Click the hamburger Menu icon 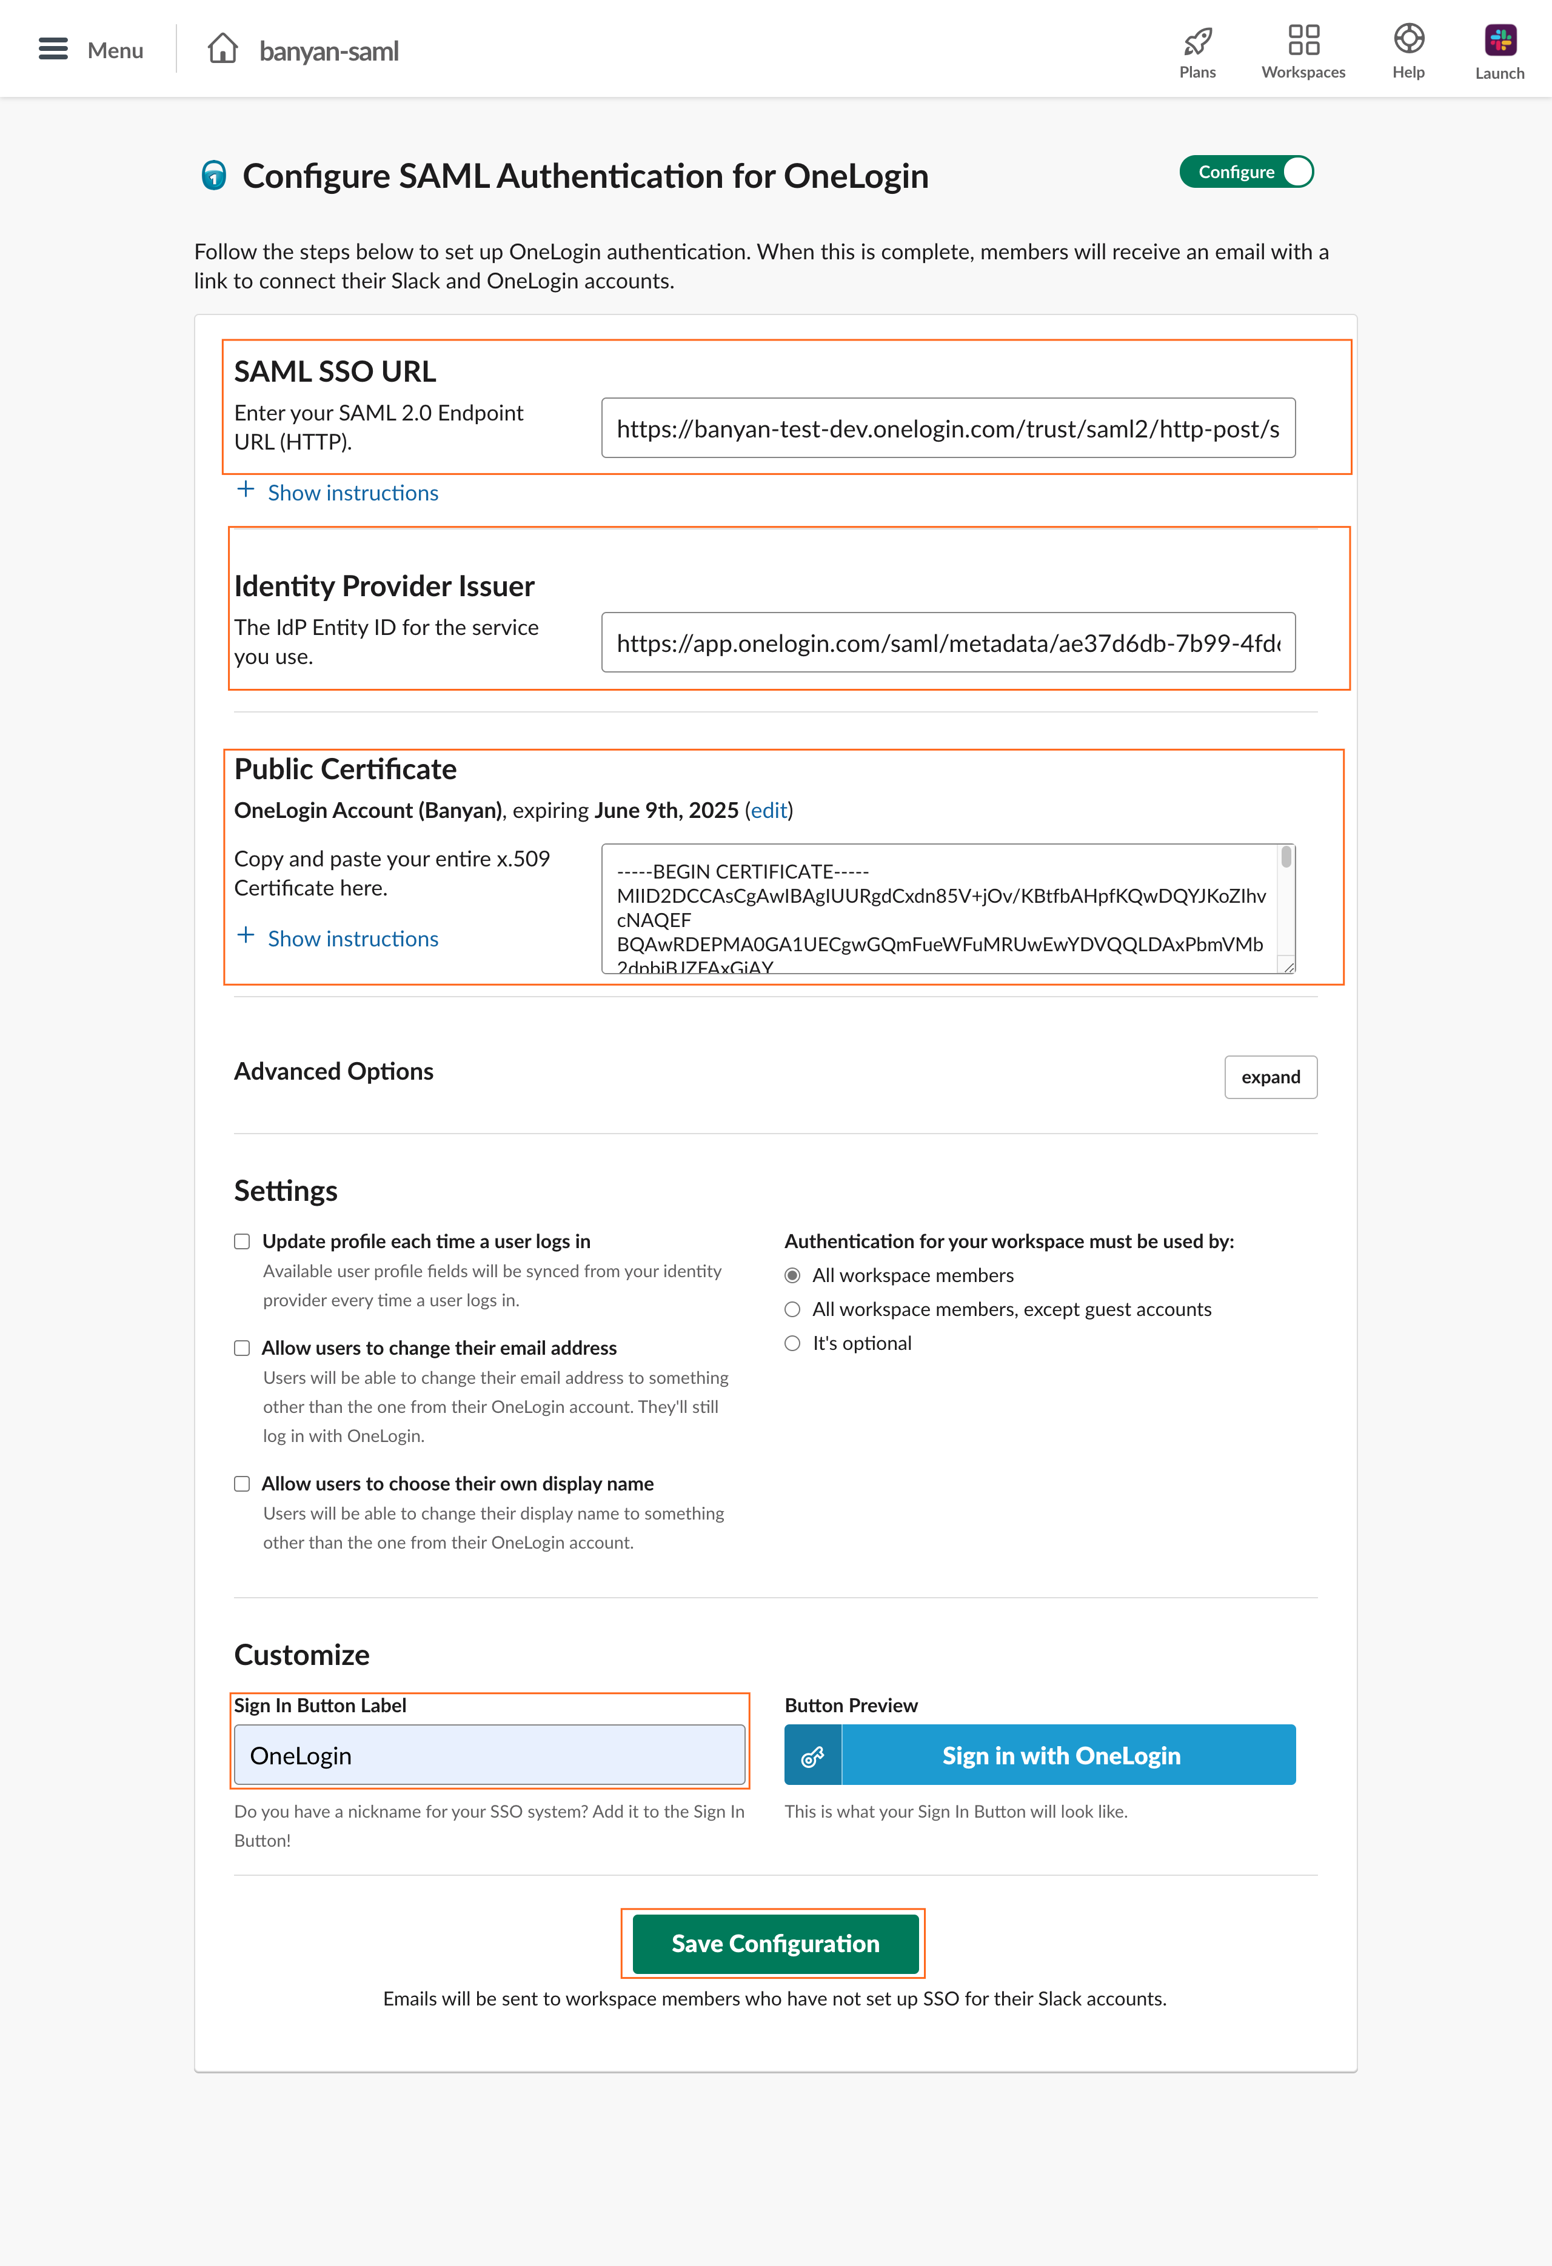53,48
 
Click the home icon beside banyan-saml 222,48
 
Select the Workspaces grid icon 1303,40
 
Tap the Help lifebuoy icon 1408,39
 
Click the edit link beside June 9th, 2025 769,810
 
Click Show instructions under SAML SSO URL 352,493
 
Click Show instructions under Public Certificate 352,939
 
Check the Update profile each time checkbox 242,1241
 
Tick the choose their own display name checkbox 242,1483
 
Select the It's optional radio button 792,1344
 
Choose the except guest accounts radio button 792,1309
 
